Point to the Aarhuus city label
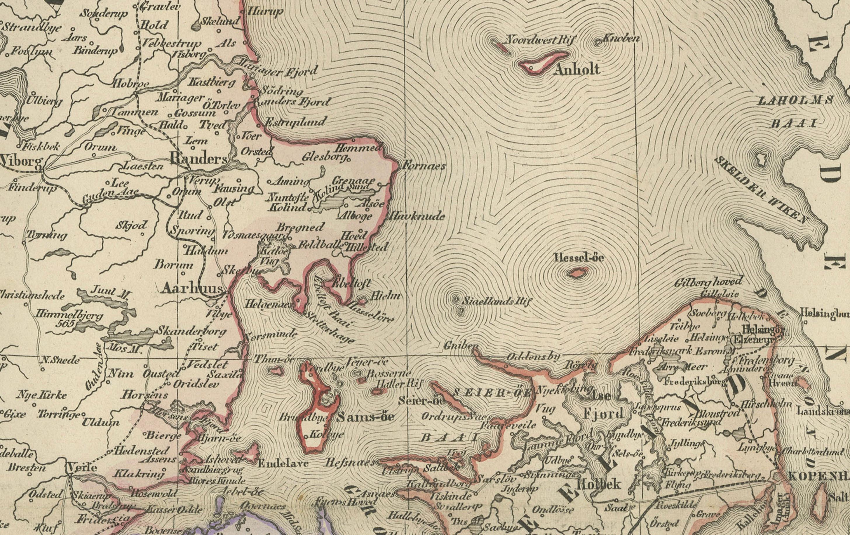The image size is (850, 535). click(192, 289)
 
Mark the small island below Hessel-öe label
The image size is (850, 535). click(578, 273)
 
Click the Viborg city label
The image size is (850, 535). click(21, 162)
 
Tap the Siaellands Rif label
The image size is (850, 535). click(496, 301)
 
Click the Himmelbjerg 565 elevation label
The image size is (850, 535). click(69, 319)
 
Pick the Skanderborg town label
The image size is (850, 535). click(191, 331)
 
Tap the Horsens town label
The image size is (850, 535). click(144, 395)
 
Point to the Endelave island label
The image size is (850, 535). click(283, 463)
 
